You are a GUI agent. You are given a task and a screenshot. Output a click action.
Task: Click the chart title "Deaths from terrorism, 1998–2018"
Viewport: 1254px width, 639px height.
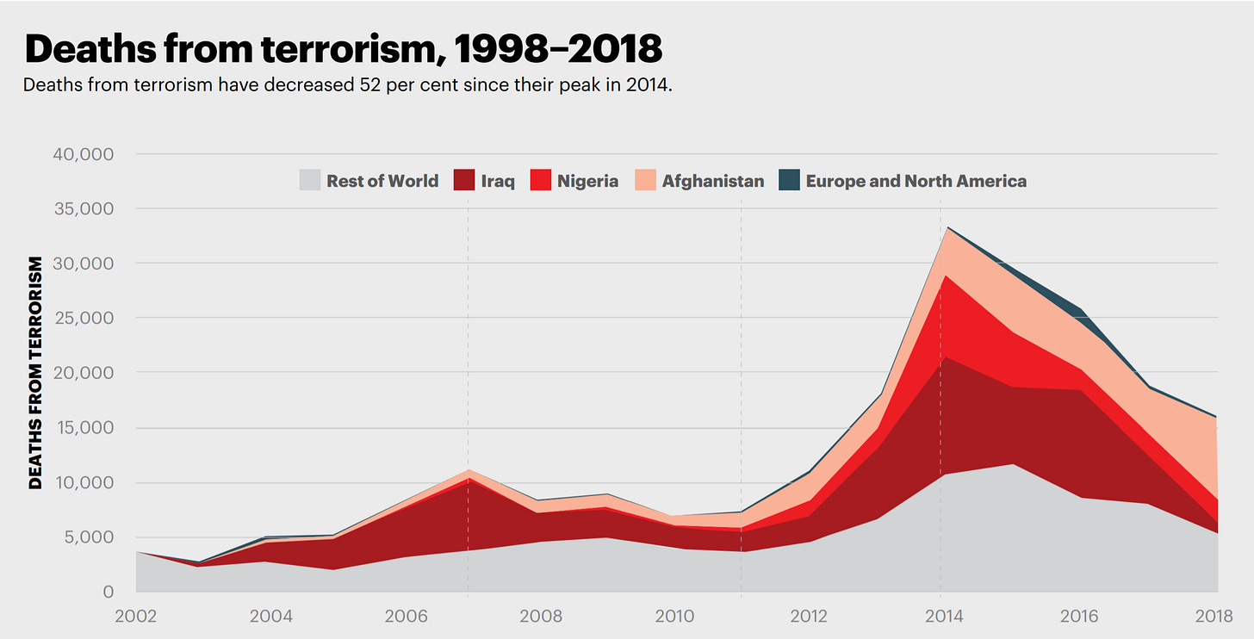343,49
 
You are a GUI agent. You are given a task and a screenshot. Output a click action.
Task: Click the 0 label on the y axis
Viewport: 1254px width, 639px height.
108,592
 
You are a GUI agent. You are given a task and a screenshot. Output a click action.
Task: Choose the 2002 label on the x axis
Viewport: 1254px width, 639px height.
136,617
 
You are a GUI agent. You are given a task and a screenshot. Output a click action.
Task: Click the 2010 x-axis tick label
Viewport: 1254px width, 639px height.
675,617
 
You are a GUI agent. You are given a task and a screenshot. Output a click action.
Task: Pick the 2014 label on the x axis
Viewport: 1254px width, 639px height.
946,617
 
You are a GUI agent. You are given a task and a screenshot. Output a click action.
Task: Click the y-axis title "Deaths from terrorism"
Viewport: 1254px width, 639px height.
35,372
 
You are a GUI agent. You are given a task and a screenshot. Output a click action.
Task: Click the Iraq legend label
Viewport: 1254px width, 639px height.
499,181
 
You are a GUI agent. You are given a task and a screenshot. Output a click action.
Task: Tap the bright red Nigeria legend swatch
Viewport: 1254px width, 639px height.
541,181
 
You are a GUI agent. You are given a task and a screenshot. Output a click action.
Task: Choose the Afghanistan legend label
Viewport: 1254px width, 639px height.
712,181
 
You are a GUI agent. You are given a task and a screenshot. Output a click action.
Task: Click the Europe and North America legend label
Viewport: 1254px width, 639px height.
916,181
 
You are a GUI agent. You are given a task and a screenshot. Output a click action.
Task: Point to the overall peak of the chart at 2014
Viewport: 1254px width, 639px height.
947,227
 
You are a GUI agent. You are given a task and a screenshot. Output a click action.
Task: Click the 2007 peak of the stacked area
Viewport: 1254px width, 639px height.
468,471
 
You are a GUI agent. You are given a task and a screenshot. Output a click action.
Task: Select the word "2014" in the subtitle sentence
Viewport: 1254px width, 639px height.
649,87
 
